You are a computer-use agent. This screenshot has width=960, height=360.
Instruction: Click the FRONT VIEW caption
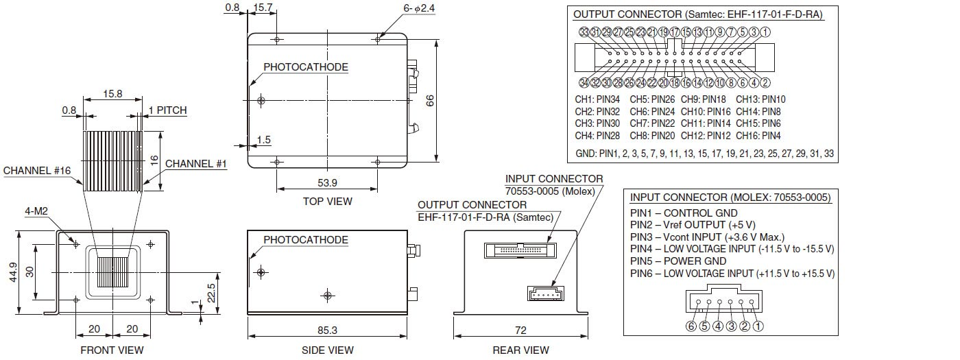112,350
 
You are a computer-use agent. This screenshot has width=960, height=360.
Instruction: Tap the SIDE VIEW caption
328,350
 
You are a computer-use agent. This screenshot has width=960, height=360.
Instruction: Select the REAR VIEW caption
520,350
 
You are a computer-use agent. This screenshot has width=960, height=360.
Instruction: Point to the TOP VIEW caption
327,201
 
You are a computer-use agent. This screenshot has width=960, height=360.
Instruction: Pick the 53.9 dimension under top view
327,182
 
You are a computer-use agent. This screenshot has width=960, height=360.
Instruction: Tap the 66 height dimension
431,101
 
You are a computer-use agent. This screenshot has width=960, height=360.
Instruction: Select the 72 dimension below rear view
520,330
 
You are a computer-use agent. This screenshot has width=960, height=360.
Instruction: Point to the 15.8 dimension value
112,93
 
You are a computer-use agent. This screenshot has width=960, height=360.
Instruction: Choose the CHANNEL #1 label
195,164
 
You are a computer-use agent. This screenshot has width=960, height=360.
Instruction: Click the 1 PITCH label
167,110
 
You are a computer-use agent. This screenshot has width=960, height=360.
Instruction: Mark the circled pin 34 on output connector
584,83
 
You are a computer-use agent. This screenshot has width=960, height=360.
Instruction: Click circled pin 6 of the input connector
691,326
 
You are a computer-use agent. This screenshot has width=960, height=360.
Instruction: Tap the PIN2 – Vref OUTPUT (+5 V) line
693,225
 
